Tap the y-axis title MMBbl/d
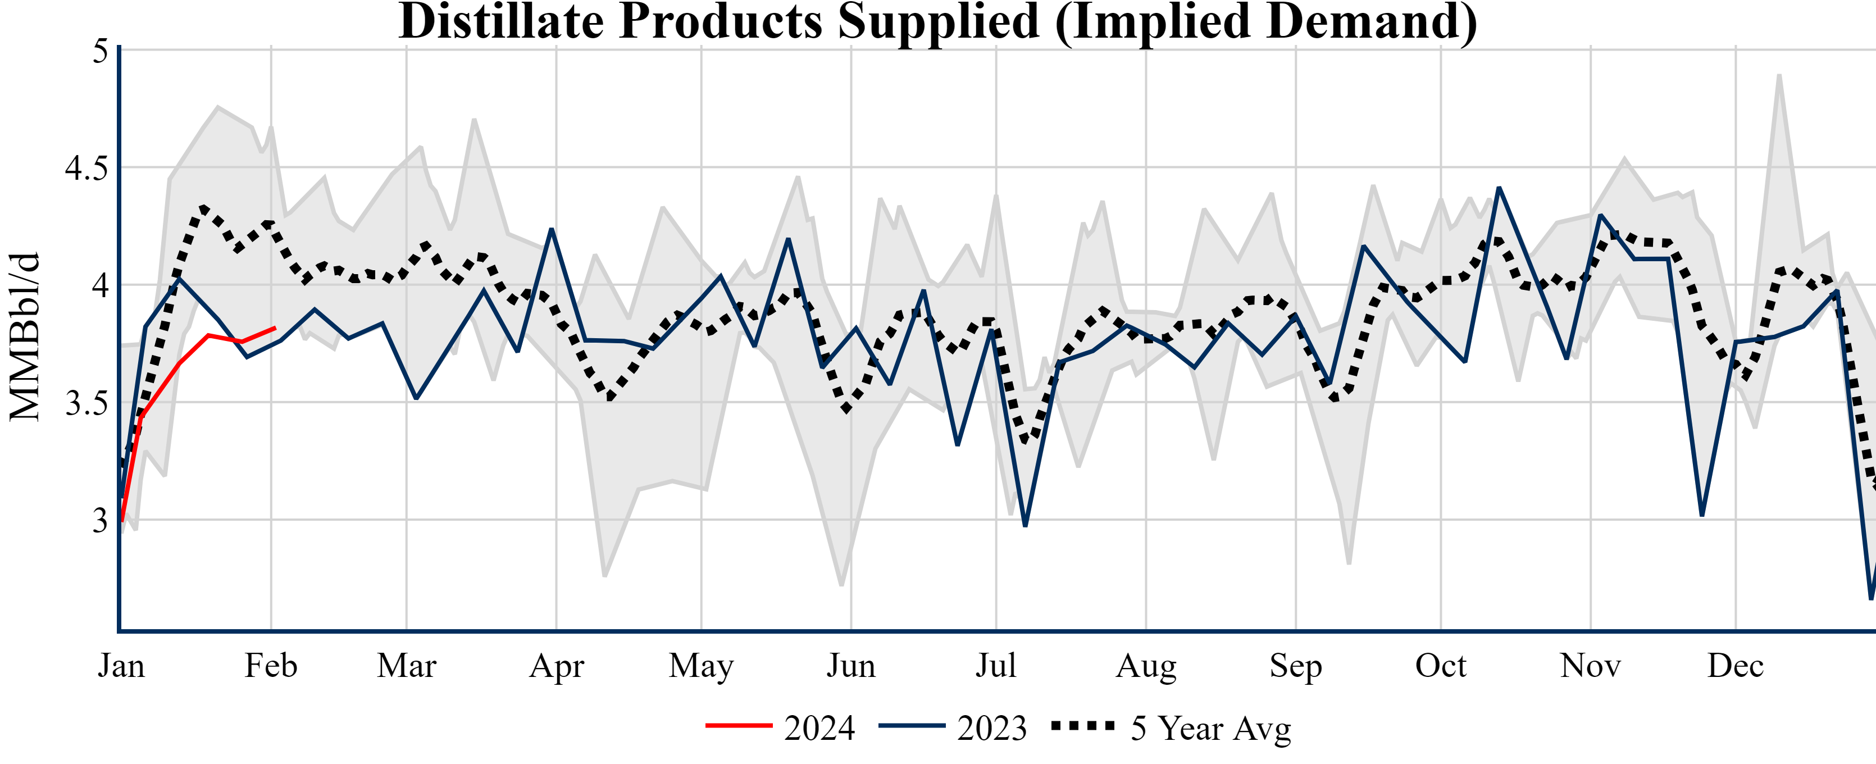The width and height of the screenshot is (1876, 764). click(x=25, y=336)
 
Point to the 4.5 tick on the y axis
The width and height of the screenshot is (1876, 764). click(x=86, y=168)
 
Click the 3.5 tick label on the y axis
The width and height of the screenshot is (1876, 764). click(x=86, y=403)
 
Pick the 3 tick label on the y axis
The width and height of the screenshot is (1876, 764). click(x=100, y=521)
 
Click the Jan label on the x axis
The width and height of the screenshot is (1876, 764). click(x=121, y=666)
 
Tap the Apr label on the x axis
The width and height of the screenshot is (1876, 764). click(x=557, y=666)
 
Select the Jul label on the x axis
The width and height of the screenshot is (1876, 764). click(x=995, y=666)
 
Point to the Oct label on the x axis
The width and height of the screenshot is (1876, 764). click(x=1441, y=666)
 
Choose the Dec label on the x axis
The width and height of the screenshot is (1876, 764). click(x=1736, y=666)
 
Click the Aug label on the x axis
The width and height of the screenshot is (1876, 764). click(x=1146, y=666)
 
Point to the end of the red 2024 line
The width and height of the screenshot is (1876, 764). click(x=275, y=328)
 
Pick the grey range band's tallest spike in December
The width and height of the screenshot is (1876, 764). click(x=1779, y=75)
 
